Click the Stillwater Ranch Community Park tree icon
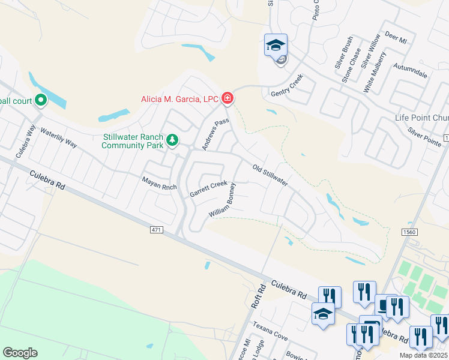coord(173,140)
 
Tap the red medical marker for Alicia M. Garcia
coord(227,97)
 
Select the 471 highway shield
coord(157,229)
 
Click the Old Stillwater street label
coord(271,175)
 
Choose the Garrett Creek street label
coord(208,189)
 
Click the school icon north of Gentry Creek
coord(276,45)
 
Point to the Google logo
coord(20,353)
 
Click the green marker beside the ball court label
coord(41,100)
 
